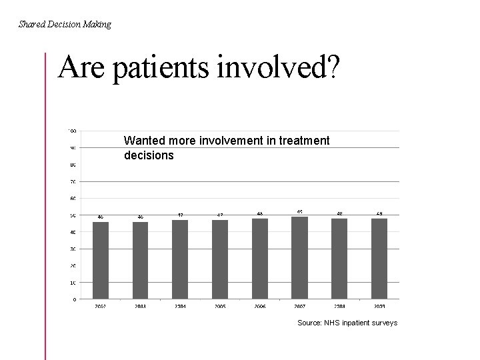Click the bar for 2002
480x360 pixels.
pos(100,260)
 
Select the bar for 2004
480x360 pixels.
pos(180,259)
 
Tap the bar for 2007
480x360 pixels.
pos(299,257)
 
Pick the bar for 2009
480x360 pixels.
pos(379,258)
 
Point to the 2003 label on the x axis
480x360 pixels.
pos(140,306)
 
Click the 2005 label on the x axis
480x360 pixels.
pos(220,306)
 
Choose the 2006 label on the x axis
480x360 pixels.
pos(259,306)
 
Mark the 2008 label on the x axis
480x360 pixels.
pos(339,306)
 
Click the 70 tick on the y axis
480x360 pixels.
pos(72,181)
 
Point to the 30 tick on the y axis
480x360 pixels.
pos(72,249)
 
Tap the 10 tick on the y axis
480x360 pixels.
pos(72,283)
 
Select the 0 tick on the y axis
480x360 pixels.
pos(73,299)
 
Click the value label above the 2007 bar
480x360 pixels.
pos(299,212)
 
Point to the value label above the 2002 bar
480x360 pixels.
pos(100,217)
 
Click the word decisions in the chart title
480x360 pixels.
pos(149,155)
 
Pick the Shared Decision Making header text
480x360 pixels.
pos(65,25)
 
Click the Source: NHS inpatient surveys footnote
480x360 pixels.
pos(347,323)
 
